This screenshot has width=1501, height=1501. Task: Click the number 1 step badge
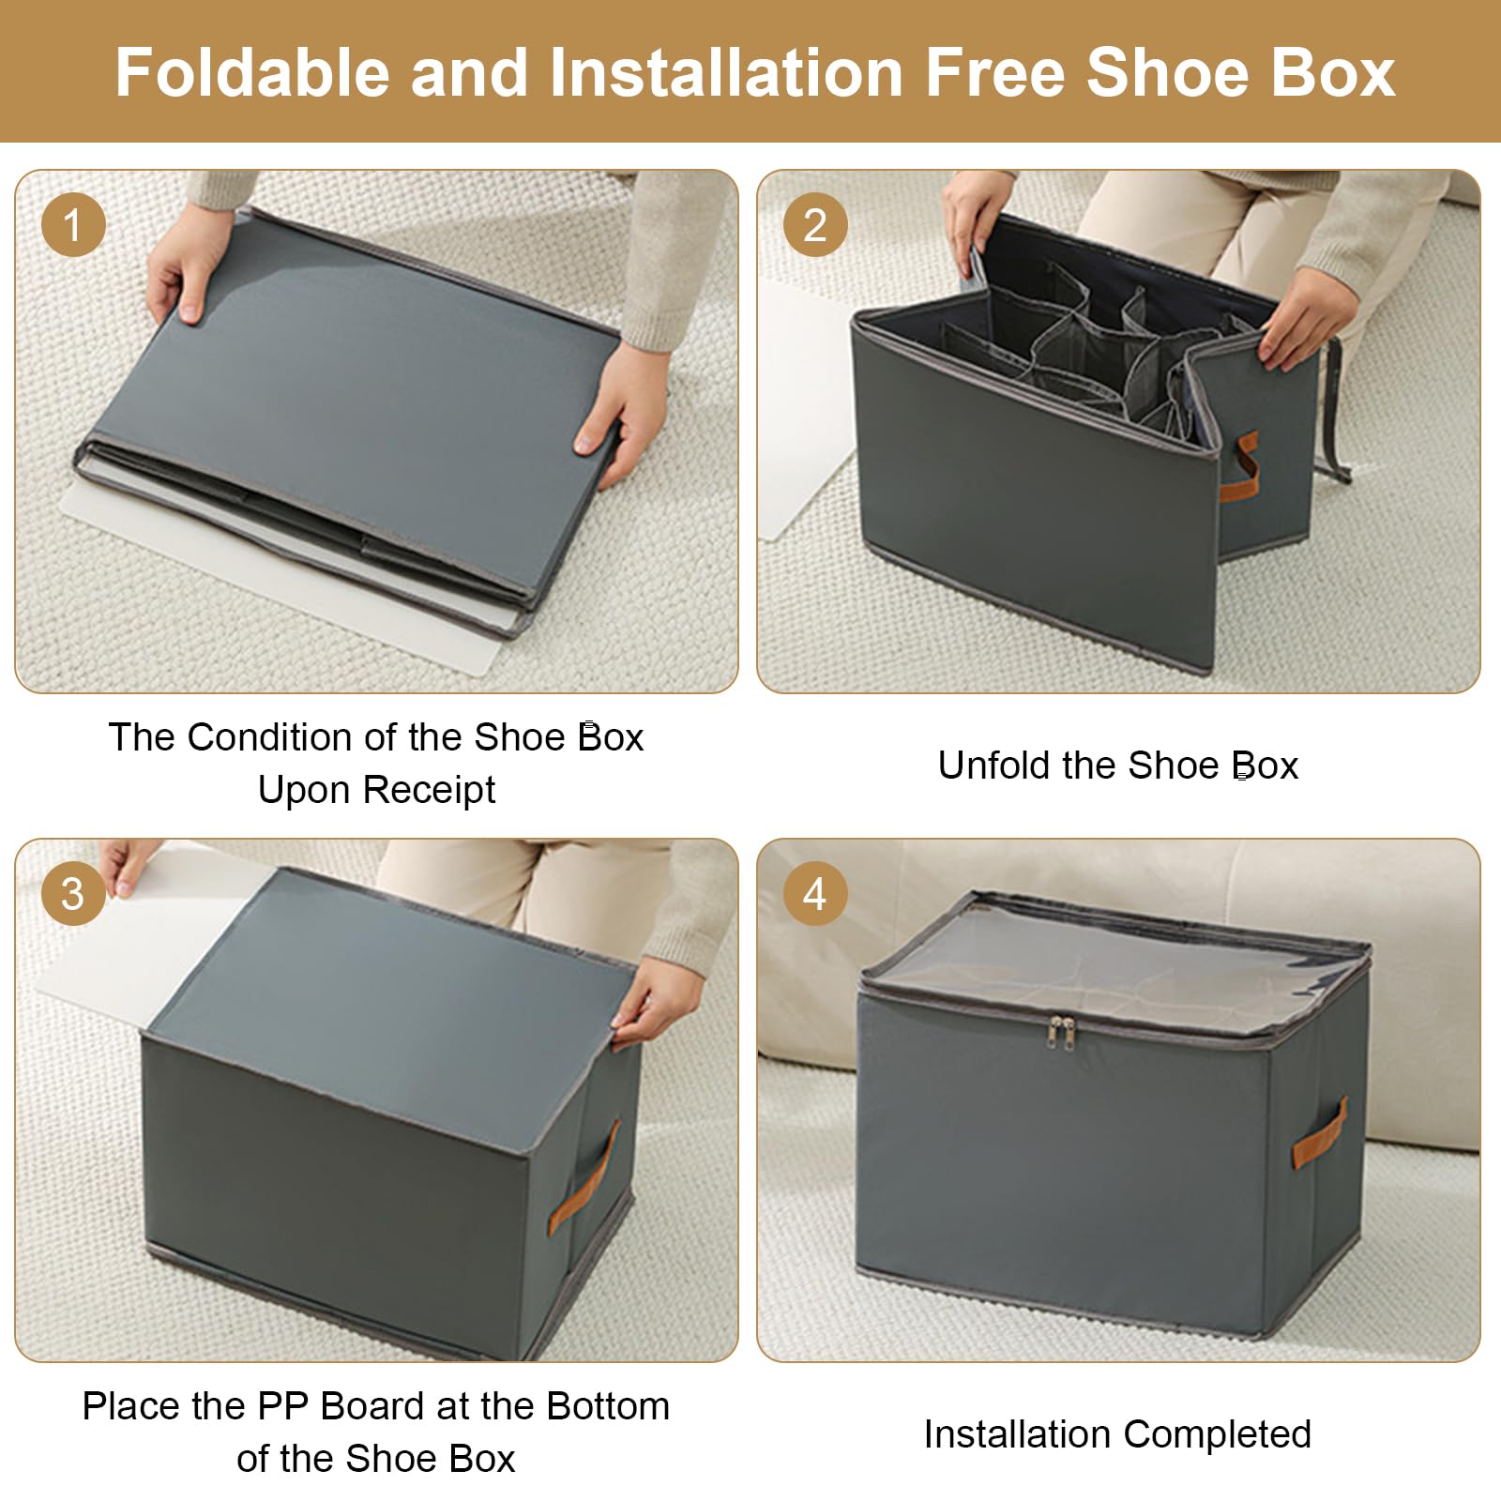point(73,225)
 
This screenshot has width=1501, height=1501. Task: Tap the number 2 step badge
point(815,225)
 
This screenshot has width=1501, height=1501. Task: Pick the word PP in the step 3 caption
point(284,1406)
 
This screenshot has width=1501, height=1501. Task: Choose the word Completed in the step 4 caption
point(1217,1434)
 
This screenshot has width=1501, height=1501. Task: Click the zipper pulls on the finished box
point(1062,1030)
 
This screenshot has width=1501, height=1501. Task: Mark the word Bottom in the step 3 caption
point(608,1406)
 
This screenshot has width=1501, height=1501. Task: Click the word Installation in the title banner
point(726,72)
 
